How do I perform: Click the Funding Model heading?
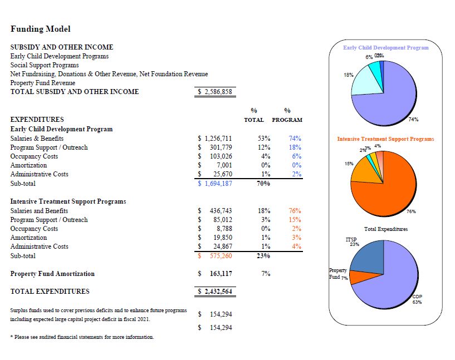pos(41,29)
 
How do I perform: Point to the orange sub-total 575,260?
pos(218,256)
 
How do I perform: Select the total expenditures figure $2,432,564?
pos(215,291)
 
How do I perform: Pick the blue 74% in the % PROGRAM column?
pos(295,139)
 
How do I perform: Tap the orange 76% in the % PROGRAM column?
pos(295,211)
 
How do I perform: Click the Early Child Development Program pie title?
pos(386,48)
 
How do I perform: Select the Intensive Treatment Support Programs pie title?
pos(385,139)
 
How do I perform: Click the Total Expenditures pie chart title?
pos(386,229)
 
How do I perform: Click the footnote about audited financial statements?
pos(82,337)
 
